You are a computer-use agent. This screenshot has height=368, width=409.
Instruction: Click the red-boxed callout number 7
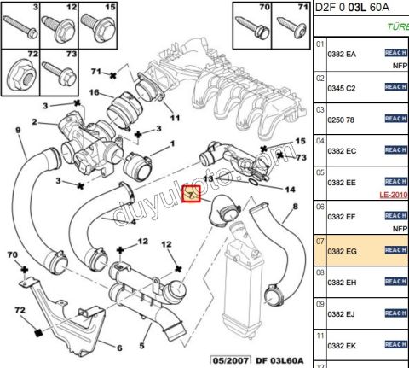192,194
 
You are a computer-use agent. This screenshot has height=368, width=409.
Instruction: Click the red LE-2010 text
391,195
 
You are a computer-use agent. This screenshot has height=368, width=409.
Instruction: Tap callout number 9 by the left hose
18,130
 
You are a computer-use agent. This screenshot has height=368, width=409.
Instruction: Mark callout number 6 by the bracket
118,347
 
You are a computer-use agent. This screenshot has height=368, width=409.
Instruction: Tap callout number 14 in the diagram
290,189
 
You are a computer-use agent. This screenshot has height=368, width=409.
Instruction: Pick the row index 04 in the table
320,139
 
